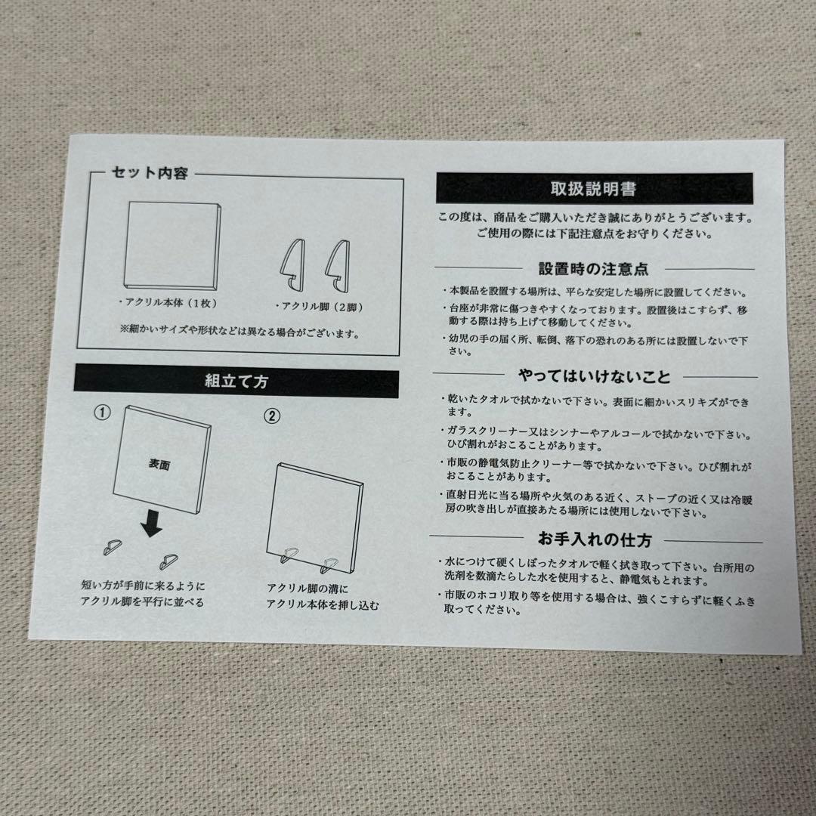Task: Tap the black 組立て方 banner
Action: pos(236,381)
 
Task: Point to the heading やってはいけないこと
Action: pos(595,376)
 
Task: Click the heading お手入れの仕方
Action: pos(595,541)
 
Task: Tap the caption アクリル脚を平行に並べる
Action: pos(143,602)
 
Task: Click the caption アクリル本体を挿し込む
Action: pos(323,605)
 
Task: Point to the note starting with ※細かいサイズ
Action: pos(240,331)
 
